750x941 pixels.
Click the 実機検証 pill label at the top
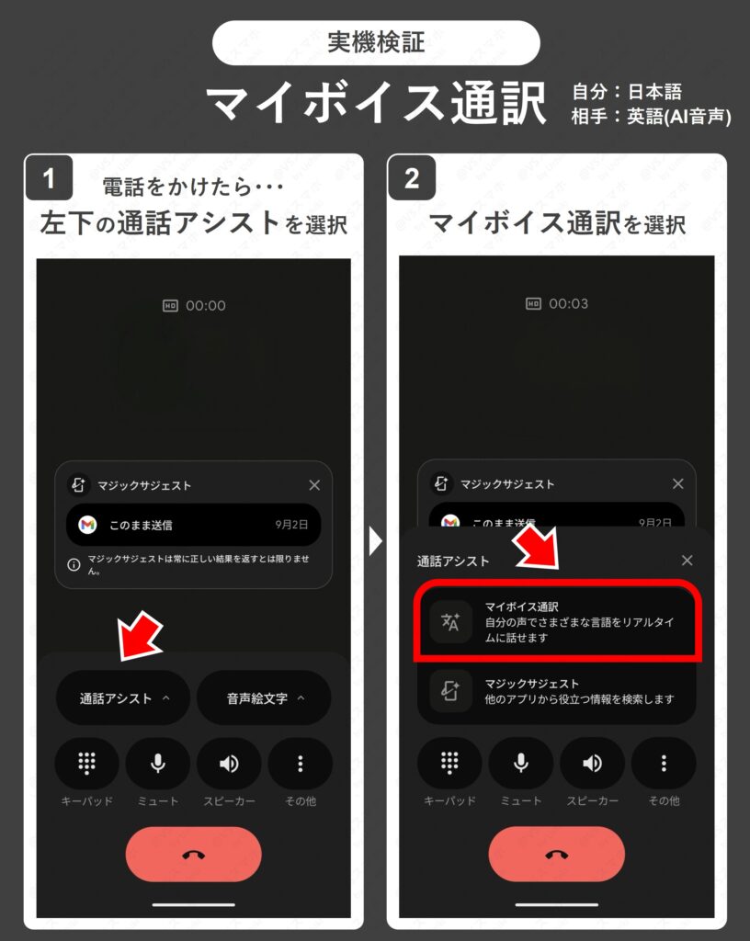(x=375, y=42)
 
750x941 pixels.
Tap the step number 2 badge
(x=411, y=178)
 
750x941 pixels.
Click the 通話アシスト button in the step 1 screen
(x=123, y=698)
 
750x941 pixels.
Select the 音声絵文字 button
(x=264, y=698)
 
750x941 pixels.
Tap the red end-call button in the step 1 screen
(x=194, y=855)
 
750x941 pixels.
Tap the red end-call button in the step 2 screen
(x=556, y=855)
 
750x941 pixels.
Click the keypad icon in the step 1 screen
(x=87, y=764)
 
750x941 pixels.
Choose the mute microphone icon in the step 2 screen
(x=521, y=764)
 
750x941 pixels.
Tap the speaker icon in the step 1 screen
(x=229, y=764)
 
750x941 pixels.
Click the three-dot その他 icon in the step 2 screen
(x=664, y=764)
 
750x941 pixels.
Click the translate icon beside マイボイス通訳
(x=450, y=622)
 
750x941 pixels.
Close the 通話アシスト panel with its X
(x=687, y=561)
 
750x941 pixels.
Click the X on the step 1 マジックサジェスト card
(x=314, y=485)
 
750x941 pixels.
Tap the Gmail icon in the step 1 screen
(x=87, y=525)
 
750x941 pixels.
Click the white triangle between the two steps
(x=375, y=542)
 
